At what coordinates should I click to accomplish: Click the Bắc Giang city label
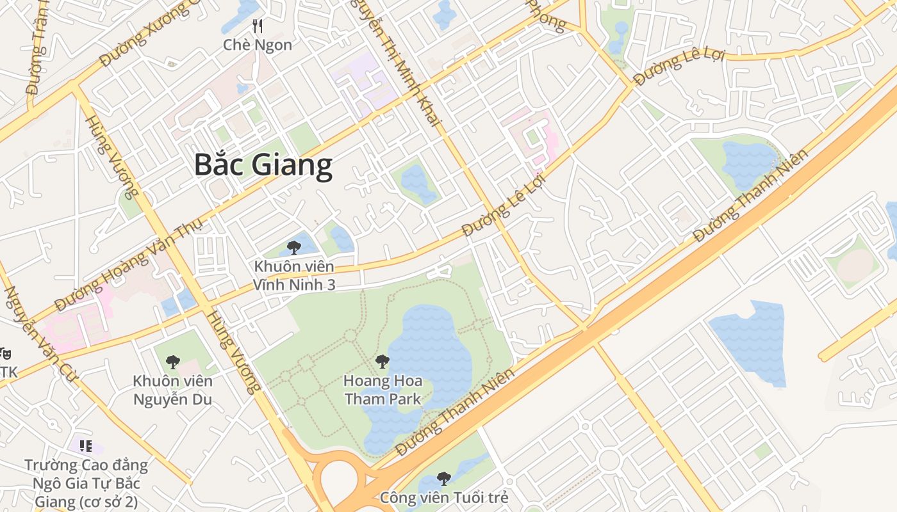pos(263,164)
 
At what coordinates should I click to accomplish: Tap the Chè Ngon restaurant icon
pos(258,26)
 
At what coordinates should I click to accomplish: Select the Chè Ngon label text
pos(258,45)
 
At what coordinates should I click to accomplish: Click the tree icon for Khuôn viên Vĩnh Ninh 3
pos(294,247)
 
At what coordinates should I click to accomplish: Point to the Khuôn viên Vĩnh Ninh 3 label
pos(294,275)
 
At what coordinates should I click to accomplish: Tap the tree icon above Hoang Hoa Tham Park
pos(383,362)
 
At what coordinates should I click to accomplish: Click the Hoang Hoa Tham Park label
pos(383,390)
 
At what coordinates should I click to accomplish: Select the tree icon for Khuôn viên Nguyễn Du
pos(172,362)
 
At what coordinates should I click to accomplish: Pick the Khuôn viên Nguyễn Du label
pos(172,390)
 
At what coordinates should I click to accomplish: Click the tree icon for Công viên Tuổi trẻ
pos(443,478)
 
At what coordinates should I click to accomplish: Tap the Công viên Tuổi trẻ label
pos(444,497)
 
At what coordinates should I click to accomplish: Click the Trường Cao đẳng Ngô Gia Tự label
pos(86,483)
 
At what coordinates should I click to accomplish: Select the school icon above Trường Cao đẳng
pos(86,446)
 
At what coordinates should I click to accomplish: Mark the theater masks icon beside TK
pos(6,353)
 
